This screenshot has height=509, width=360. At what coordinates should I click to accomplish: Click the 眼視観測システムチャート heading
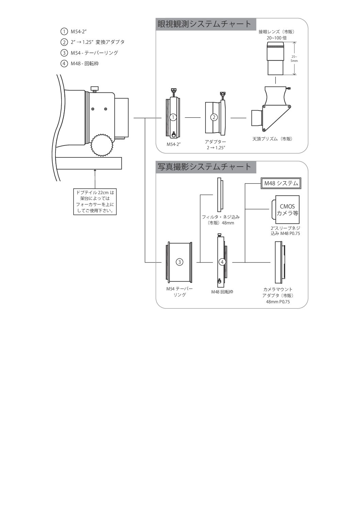pyautogui.click(x=204, y=24)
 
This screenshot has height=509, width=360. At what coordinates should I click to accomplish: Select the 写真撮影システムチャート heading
pyautogui.click(x=204, y=167)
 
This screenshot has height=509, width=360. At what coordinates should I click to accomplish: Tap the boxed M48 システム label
pyautogui.click(x=281, y=183)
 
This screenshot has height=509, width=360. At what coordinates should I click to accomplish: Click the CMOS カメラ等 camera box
pyautogui.click(x=285, y=209)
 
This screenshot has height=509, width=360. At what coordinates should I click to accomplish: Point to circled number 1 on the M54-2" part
pyautogui.click(x=173, y=117)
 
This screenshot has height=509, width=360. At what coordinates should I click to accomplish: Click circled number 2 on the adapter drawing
pyautogui.click(x=214, y=117)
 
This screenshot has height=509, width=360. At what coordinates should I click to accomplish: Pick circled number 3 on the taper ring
pyautogui.click(x=179, y=262)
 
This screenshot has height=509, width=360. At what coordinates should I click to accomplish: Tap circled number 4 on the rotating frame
pyautogui.click(x=222, y=262)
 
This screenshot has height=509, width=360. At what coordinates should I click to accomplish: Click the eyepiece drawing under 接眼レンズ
pyautogui.click(x=275, y=58)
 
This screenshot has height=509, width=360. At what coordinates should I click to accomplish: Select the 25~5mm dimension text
pyautogui.click(x=294, y=59)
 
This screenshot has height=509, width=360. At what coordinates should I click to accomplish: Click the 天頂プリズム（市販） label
pyautogui.click(x=272, y=139)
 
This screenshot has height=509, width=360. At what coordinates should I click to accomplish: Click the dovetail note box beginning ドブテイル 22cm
pyautogui.click(x=95, y=202)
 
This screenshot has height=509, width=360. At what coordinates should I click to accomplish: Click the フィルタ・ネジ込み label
pyautogui.click(x=220, y=217)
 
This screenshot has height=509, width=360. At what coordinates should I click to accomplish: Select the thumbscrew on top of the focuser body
pyautogui.click(x=94, y=89)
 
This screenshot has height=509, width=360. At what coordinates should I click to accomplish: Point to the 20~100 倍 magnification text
pyautogui.click(x=276, y=38)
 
